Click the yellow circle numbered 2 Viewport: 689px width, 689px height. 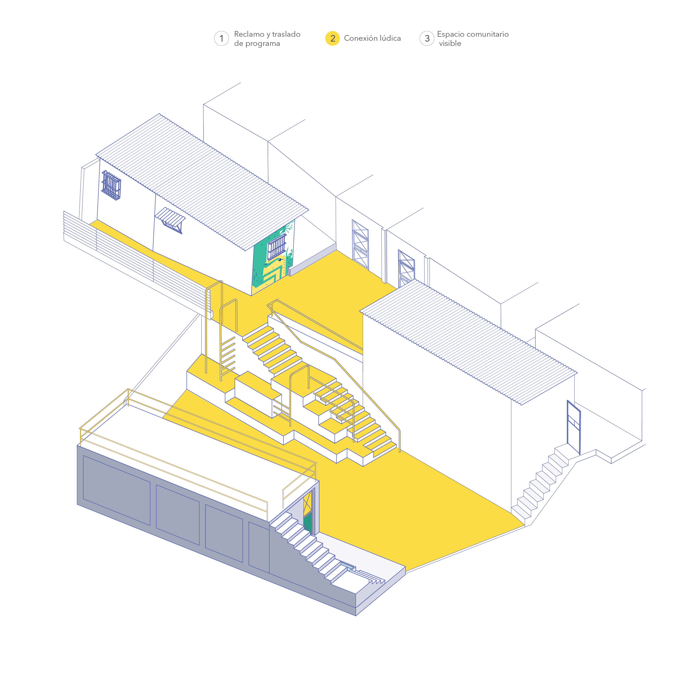pos(332,38)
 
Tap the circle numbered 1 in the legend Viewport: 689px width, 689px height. pos(221,38)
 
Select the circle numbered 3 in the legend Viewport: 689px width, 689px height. pos(427,38)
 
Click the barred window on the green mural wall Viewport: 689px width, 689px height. pos(277,247)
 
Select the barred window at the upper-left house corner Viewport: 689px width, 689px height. pos(111,185)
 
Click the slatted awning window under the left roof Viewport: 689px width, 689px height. pos(171,219)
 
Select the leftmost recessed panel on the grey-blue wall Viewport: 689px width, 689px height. pos(116,490)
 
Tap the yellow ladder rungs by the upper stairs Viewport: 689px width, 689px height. pos(228,357)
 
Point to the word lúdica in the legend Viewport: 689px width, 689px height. pos(390,38)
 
